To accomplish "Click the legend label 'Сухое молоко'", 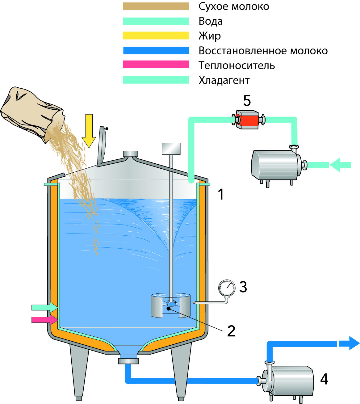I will (x=234, y=6).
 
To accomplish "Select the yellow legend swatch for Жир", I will (x=156, y=36).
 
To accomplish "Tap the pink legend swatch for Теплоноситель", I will (x=156, y=65).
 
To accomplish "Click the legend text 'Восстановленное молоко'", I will (x=263, y=51).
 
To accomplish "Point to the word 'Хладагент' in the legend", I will (x=224, y=80).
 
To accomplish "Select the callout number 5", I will (x=247, y=101).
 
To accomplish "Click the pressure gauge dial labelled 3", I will (x=227, y=288).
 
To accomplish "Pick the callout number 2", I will (x=231, y=331).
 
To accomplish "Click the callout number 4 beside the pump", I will (x=324, y=379).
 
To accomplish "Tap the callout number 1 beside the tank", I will (x=220, y=195).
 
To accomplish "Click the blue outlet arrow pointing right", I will (x=349, y=343).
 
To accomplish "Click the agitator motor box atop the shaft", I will (x=171, y=149).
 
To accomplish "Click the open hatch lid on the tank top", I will (x=101, y=145).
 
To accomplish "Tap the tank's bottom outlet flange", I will (x=128, y=361).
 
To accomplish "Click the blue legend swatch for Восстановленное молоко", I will (x=156, y=50).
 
